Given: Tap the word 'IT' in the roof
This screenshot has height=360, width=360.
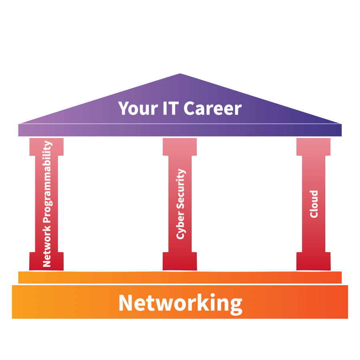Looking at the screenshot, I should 168,108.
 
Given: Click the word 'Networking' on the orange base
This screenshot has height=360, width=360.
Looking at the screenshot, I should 180,303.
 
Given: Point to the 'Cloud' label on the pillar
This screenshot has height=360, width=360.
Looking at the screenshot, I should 314,204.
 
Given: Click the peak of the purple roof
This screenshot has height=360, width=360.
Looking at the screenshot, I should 180,75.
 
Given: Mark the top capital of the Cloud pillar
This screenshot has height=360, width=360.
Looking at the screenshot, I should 313,146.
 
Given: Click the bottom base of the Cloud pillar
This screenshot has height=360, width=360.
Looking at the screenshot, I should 313,262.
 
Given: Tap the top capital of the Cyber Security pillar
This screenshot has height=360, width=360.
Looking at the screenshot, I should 180,146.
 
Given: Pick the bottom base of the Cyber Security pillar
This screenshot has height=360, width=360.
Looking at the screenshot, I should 180,262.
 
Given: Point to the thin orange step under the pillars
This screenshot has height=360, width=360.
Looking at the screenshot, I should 180,277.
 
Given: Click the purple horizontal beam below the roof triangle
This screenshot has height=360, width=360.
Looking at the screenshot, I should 180,130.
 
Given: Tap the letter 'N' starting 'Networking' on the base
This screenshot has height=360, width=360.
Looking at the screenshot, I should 127,303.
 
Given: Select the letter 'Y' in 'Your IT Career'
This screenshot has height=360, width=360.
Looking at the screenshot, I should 123,108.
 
